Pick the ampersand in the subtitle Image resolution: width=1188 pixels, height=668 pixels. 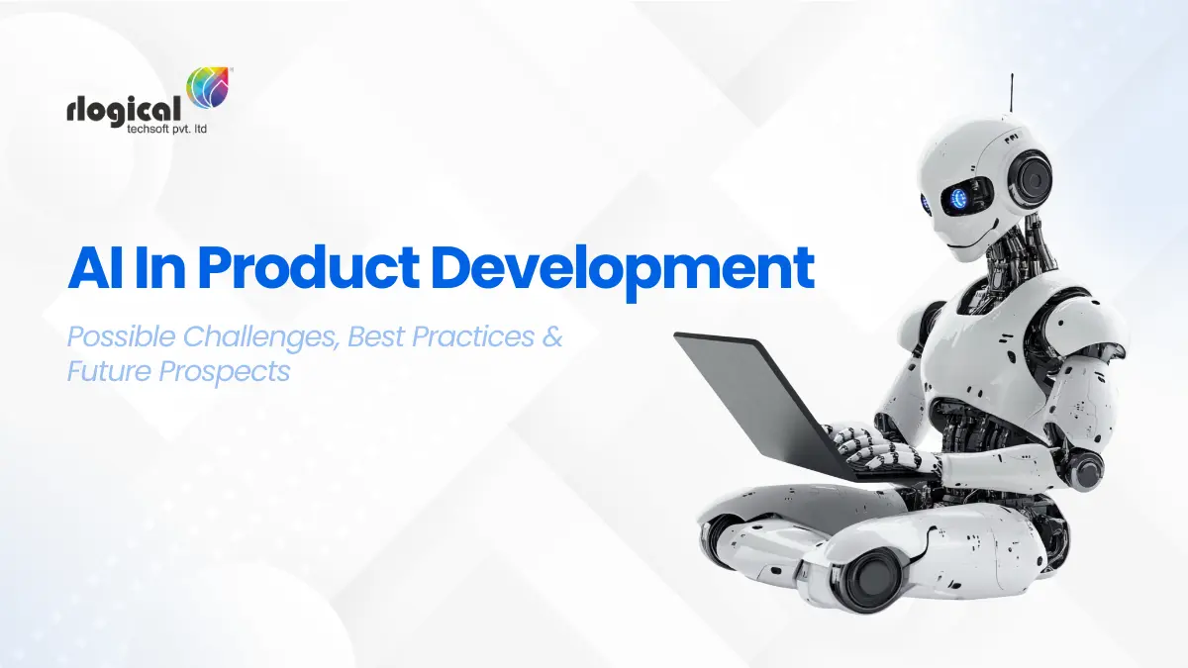551,337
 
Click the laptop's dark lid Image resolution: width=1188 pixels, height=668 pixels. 752,396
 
